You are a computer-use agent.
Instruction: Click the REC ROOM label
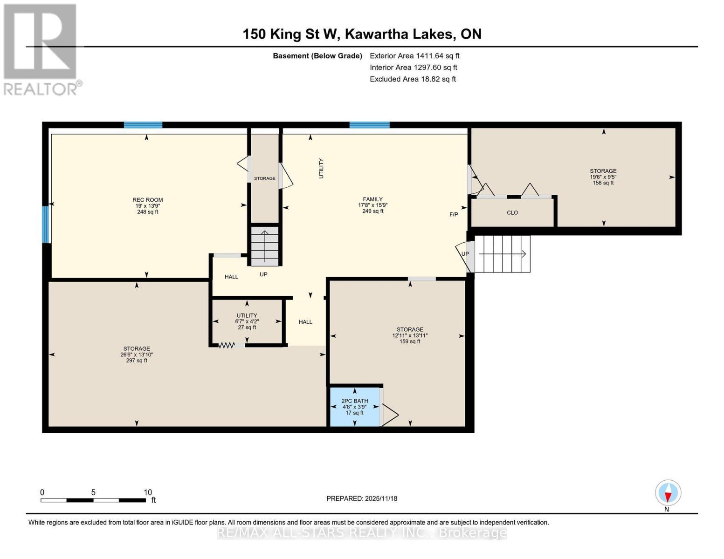click(x=148, y=200)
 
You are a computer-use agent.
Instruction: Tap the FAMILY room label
click(x=372, y=199)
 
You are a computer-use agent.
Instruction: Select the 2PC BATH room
click(x=354, y=407)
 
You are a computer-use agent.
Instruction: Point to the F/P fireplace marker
click(x=454, y=214)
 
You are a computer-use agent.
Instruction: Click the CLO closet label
click(x=512, y=212)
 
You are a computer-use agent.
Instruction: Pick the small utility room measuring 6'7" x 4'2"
click(x=247, y=321)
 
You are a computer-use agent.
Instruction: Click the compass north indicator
click(x=668, y=493)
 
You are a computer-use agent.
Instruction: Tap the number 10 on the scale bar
click(x=148, y=492)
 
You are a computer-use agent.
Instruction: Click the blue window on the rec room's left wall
click(x=46, y=225)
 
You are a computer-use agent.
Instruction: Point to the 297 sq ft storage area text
click(x=137, y=360)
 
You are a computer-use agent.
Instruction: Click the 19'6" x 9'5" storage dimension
click(x=603, y=177)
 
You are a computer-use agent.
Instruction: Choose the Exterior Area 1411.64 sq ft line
click(x=414, y=56)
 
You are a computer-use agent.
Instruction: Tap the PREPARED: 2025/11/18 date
click(x=362, y=498)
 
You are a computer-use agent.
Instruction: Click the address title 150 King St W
click(x=291, y=34)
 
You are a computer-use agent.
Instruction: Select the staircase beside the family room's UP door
click(x=502, y=254)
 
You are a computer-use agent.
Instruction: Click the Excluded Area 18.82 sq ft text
click(x=413, y=79)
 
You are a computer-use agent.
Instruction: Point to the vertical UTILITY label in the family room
click(x=321, y=169)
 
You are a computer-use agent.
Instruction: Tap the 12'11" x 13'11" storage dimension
click(x=410, y=335)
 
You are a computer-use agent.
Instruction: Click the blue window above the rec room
click(x=143, y=125)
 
